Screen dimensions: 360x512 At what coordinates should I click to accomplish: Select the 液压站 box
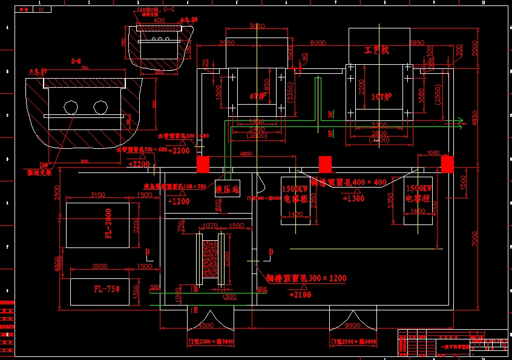pyautogui.click(x=228, y=189)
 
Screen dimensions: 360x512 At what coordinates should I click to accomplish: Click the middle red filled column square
pyautogui.click(x=326, y=164)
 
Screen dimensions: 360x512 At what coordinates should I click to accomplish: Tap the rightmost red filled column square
pyautogui.click(x=447, y=164)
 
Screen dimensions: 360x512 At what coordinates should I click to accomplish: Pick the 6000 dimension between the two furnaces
pyautogui.click(x=318, y=43)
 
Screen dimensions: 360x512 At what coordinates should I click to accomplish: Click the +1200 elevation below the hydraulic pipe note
pyautogui.click(x=179, y=201)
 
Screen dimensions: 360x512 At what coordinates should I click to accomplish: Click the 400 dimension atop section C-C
pyautogui.click(x=159, y=21)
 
